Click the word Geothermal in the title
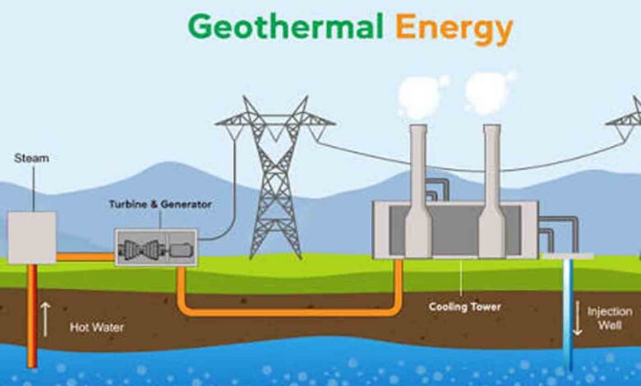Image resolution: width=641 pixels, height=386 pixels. pos(285,26)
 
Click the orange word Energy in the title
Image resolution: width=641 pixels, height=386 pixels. pos(454,30)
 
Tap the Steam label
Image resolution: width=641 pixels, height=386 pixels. pos(31,158)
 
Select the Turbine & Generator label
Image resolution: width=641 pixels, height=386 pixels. pos(160,204)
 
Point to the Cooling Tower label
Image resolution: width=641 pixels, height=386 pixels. pos(465,307)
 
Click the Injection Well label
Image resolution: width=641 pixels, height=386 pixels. pos(610,318)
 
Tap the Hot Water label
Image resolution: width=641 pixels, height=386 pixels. pos(96,327)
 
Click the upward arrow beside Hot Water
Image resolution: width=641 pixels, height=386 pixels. pos(45,319)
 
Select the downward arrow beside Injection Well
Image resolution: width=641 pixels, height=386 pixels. pos(577,318)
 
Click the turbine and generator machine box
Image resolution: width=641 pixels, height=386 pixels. pos(156,247)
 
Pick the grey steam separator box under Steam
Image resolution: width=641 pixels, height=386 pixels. pos(32,237)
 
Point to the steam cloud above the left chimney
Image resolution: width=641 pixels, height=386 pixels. pos(421,96)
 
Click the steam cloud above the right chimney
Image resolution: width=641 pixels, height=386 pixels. pos(488,92)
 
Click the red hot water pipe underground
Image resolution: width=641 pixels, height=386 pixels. pos(32,315)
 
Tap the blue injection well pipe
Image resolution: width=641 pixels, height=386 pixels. pos(568,315)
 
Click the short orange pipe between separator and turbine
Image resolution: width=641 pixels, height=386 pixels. pos(85,257)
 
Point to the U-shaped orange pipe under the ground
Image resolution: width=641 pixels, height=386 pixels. pos(290,312)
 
